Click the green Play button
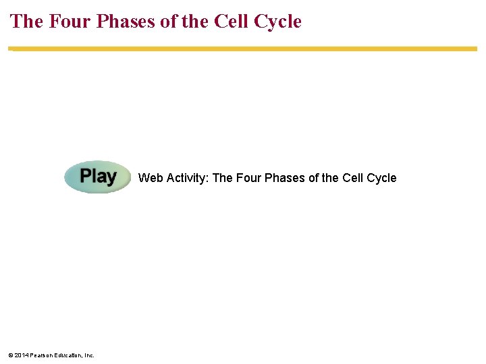coord(98,177)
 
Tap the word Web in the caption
coord(150,178)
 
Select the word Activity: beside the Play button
coord(187,178)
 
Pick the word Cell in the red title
coord(232,22)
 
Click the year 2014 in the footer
coord(22,355)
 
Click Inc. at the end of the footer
coord(90,355)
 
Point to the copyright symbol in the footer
coord(11,355)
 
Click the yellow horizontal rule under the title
coord(243,49)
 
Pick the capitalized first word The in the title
coord(26,22)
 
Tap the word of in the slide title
coord(173,22)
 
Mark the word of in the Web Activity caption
coord(315,178)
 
